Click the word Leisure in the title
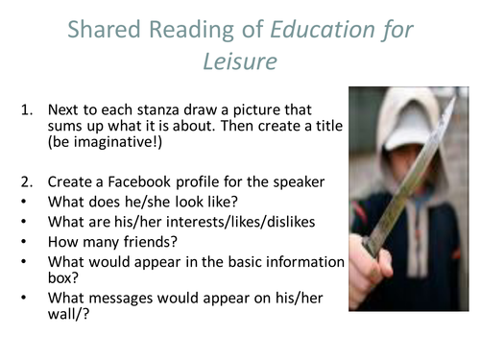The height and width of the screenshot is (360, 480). [239, 61]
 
